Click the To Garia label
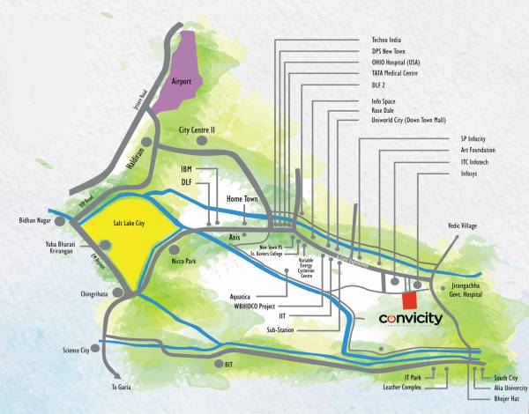coord(123,387)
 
